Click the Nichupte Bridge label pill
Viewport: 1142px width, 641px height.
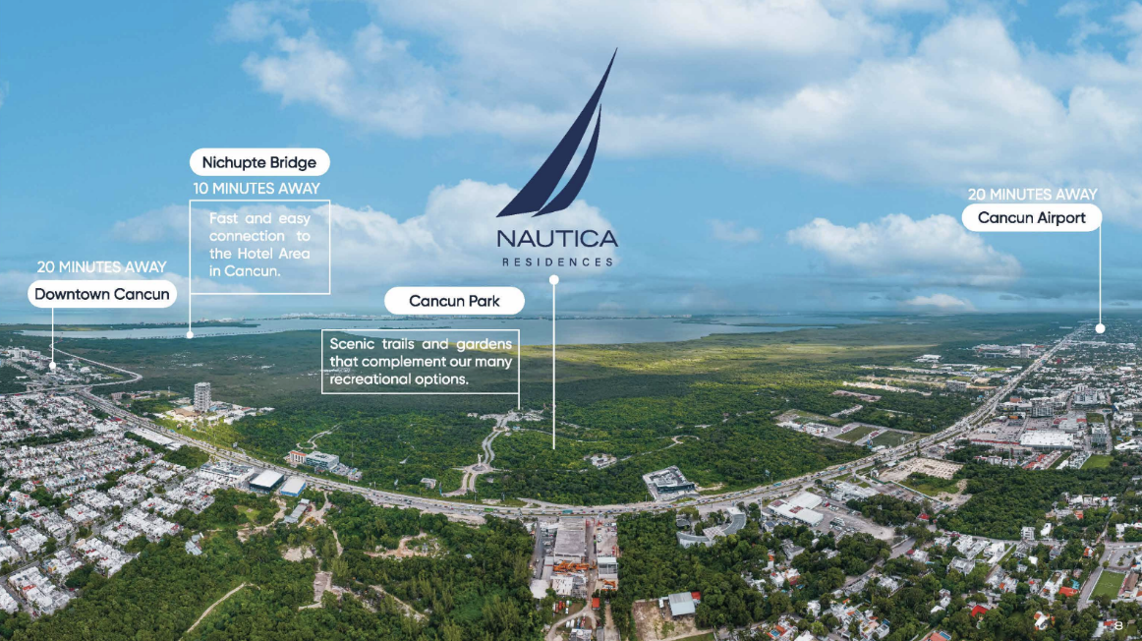click(x=259, y=162)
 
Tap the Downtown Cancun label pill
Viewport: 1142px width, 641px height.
click(x=101, y=294)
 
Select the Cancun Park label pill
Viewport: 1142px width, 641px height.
click(x=454, y=301)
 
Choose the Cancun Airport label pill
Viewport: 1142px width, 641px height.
click(x=1032, y=217)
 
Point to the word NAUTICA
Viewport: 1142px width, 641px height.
click(x=556, y=238)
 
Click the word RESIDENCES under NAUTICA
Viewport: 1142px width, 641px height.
click(x=556, y=262)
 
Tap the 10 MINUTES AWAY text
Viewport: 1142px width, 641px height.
click(x=257, y=188)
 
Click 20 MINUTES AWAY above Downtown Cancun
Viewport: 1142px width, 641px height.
click(x=101, y=267)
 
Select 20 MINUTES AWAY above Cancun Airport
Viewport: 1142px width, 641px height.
click(x=1032, y=195)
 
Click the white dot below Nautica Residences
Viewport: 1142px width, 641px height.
click(x=554, y=280)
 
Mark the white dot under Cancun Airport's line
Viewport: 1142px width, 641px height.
click(x=1100, y=328)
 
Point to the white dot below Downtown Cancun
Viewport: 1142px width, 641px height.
click(x=52, y=366)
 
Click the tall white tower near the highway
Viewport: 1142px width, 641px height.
click(x=201, y=396)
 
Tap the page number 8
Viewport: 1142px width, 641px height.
click(x=1118, y=625)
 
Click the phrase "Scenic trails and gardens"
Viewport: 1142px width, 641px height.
click(x=421, y=344)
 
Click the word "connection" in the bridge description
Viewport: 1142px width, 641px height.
click(x=246, y=236)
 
